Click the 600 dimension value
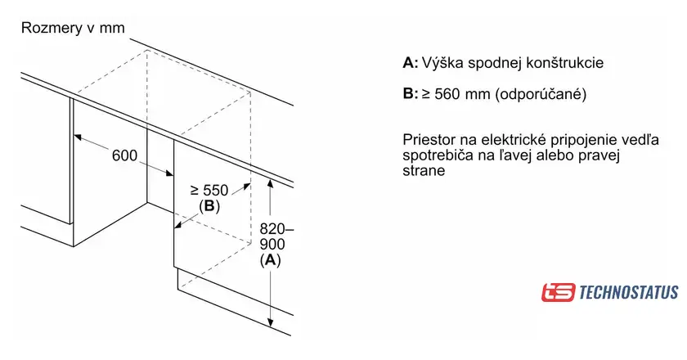tap(124, 156)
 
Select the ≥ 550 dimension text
tap(209, 191)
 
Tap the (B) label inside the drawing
tap(209, 206)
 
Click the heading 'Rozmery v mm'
tap(73, 29)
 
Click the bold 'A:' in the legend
tap(411, 63)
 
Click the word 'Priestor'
tap(428, 140)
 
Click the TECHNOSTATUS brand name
tap(628, 292)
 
